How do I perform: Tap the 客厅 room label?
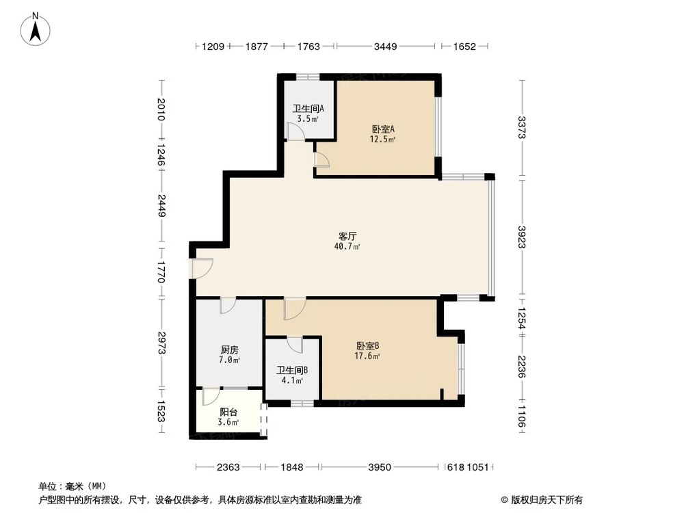tap(348, 235)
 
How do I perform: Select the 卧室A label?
tap(384, 129)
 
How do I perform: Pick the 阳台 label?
tap(228, 412)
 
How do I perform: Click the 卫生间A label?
tap(308, 108)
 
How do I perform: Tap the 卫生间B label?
tap(292, 370)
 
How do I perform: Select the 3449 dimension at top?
tap(386, 47)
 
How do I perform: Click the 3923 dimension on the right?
tap(523, 239)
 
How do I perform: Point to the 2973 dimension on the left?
tap(161, 342)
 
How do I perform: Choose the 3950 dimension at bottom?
tap(379, 467)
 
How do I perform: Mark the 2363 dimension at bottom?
tap(228, 467)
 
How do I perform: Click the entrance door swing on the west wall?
tap(202, 268)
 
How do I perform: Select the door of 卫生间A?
tap(295, 133)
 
